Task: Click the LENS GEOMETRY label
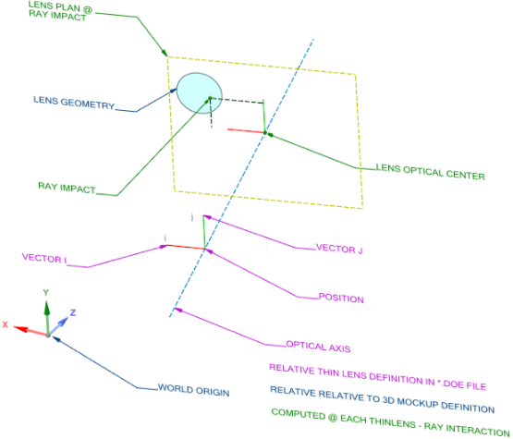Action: [x=74, y=104]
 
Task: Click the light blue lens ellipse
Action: [x=200, y=91]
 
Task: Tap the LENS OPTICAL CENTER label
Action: [x=430, y=169]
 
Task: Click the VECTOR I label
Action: [x=45, y=259]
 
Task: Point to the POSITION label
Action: [x=341, y=299]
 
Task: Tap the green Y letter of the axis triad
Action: [x=45, y=292]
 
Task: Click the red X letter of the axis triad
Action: [x=6, y=324]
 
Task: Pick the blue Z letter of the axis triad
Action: [x=73, y=312]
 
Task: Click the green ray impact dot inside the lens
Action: [x=210, y=98]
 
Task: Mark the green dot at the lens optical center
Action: [x=264, y=133]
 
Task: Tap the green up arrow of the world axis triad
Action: [x=46, y=305]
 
